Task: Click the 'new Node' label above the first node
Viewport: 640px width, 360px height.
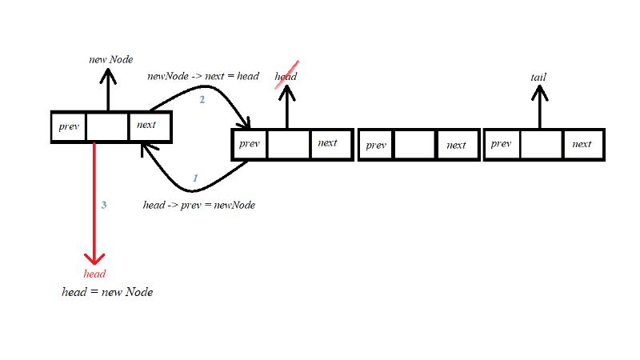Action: [110, 60]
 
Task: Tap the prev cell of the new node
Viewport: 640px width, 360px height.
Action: [69, 126]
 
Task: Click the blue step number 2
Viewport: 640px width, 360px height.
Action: [202, 100]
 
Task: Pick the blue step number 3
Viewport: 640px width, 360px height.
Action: [103, 205]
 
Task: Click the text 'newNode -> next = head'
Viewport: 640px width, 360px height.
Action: [203, 76]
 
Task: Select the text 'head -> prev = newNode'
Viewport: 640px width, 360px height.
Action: [199, 206]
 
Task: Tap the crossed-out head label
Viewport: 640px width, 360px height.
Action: [286, 77]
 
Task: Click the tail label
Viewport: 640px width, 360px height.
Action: [538, 77]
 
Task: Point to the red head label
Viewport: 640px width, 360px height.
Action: [94, 274]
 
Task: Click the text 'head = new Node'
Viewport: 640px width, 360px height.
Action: [107, 292]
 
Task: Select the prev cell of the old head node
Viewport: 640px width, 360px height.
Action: [250, 144]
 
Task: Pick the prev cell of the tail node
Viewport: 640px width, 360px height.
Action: [502, 145]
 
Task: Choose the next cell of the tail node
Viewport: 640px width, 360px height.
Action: [582, 145]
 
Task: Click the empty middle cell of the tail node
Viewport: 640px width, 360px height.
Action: [542, 145]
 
